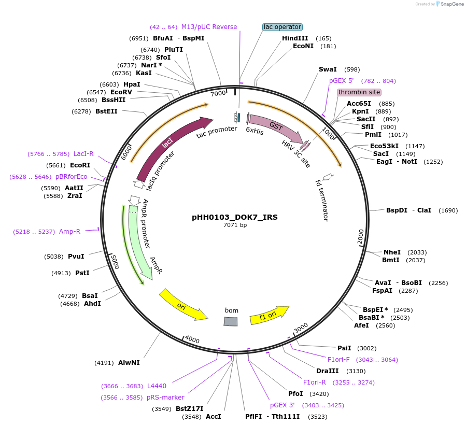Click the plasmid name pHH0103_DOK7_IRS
[235, 217]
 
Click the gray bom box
[231, 322]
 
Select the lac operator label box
[282, 27]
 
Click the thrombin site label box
[359, 92]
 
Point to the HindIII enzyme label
[295, 38]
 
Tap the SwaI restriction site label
[328, 69]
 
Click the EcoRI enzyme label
[80, 165]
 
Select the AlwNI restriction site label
[129, 363]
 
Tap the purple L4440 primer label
[157, 386]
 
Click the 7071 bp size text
[235, 225]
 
